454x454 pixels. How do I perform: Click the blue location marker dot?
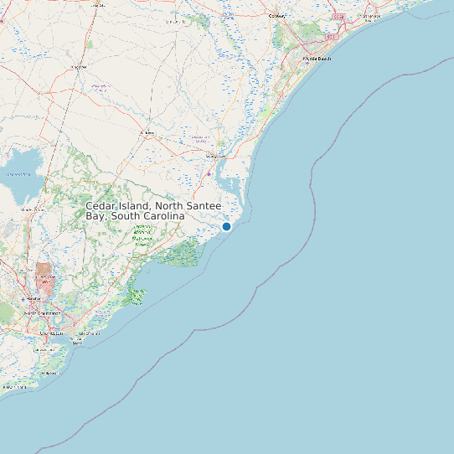point(226,226)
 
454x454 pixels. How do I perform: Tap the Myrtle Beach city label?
point(317,59)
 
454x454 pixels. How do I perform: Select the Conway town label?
point(276,16)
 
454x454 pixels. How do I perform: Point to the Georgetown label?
point(216,156)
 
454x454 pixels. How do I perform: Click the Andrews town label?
point(147,133)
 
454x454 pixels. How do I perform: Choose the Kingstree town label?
point(80,66)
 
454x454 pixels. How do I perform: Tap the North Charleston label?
point(42,313)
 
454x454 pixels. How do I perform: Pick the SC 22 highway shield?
point(338,16)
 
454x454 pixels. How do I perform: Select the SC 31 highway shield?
point(331,38)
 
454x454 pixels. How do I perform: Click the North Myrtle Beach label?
point(369,16)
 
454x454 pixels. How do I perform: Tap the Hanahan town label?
point(34,297)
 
